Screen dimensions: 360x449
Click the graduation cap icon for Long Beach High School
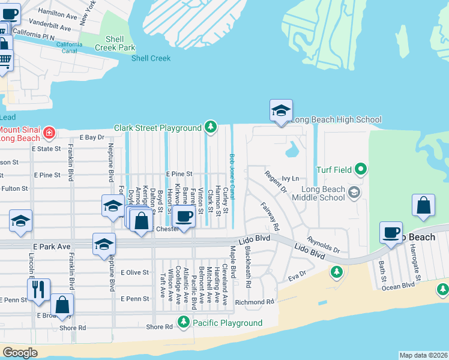click(x=280, y=111)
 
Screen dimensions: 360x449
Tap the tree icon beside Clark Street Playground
click(x=210, y=127)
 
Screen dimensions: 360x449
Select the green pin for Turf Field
click(x=360, y=170)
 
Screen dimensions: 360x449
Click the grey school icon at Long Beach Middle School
click(x=354, y=192)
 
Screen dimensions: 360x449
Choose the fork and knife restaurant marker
click(x=38, y=289)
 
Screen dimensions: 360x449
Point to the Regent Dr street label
click(x=276, y=181)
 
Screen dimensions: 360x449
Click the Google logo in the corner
click(x=20, y=353)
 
